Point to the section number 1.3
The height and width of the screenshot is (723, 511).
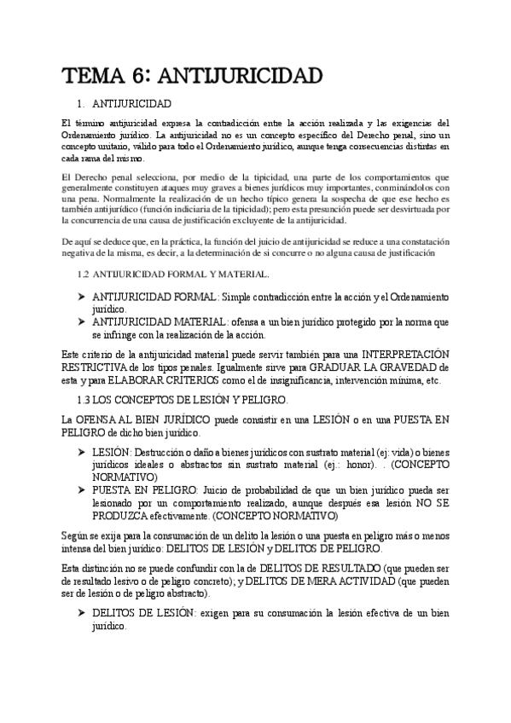(x=84, y=399)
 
